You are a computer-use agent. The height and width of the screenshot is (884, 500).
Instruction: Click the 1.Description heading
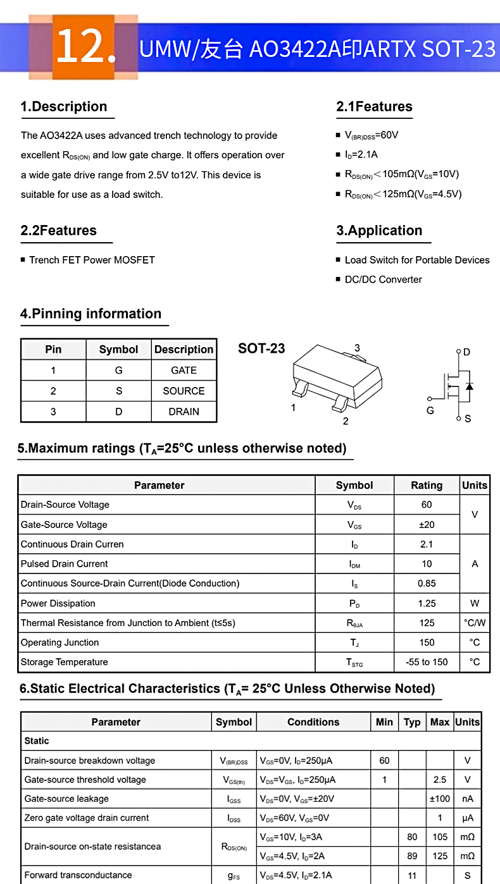(64, 107)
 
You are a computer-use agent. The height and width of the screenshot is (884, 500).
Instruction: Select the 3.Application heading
(379, 231)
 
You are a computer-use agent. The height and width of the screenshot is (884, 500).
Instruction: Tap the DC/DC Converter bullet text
(383, 279)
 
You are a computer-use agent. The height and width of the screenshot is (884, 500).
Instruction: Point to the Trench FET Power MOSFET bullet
(92, 260)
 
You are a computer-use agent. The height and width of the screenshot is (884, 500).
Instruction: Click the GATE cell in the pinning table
(184, 371)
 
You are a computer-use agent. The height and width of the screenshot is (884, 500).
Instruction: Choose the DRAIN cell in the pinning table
(184, 412)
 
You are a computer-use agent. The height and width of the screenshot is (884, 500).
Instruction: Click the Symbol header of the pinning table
(118, 350)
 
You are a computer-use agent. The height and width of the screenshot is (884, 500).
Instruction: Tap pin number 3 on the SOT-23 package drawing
(357, 348)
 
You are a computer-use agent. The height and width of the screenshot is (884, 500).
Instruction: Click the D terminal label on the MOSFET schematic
(467, 352)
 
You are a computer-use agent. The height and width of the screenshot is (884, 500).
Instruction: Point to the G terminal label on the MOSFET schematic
(430, 410)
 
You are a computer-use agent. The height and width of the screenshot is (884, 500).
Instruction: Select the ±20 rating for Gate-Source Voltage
(427, 525)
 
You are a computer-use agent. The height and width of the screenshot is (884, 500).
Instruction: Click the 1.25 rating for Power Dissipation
(427, 603)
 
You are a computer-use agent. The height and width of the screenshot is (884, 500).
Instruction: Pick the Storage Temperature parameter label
(65, 662)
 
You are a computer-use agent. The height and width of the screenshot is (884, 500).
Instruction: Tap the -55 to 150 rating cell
(427, 662)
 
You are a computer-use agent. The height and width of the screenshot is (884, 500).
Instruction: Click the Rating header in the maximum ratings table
(427, 486)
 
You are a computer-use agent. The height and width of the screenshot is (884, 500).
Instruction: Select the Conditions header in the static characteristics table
(313, 722)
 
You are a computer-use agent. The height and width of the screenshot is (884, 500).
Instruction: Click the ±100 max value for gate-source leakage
(440, 799)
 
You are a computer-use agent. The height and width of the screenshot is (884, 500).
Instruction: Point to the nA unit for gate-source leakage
(468, 799)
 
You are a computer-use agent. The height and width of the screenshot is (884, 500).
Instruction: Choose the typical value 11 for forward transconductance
(412, 875)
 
